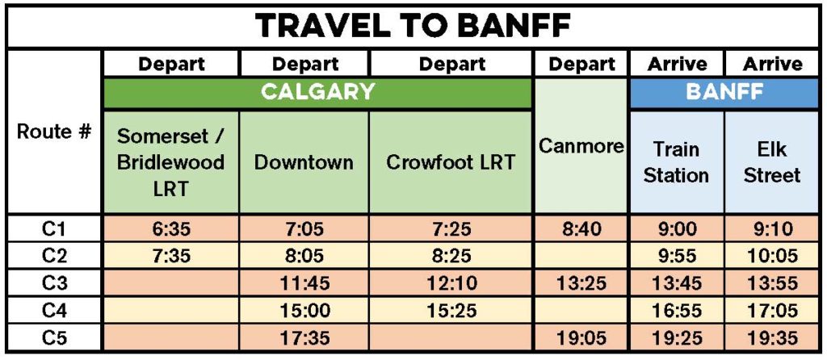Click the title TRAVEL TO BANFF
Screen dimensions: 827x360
click(414, 26)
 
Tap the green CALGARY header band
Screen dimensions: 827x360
click(318, 92)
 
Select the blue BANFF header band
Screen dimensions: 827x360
click(724, 92)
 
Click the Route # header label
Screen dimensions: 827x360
click(54, 132)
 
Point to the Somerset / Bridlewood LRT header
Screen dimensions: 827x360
click(171, 161)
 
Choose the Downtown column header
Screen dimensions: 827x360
click(304, 161)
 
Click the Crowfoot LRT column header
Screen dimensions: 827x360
click(450, 161)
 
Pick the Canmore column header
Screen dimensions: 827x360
click(581, 146)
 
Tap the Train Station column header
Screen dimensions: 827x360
click(676, 161)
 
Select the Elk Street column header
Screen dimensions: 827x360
click(771, 161)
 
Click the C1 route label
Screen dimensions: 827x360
click(54, 229)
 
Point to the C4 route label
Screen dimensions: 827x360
click(54, 311)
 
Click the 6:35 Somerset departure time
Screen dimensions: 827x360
click(171, 229)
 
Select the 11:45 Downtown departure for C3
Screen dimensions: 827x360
click(304, 283)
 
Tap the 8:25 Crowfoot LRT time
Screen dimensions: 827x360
click(450, 256)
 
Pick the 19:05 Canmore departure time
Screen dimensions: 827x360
click(581, 337)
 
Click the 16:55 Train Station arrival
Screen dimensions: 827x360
click(677, 311)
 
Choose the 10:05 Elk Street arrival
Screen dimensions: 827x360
click(771, 256)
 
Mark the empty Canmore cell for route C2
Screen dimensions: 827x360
click(581, 256)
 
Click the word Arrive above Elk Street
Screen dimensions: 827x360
click(772, 65)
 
